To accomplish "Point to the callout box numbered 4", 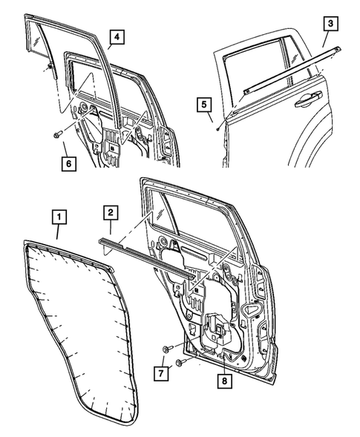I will coord(117,37).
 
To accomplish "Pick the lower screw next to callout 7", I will coord(180,363).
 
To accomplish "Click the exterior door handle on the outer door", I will coord(305,96).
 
